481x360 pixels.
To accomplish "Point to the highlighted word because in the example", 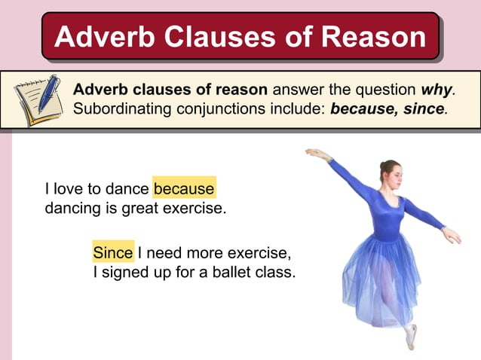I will (x=184, y=188).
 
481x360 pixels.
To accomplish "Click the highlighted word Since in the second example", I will (x=113, y=252).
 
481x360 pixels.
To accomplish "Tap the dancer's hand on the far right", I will (x=452, y=236).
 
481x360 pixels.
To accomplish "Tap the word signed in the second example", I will (x=124, y=271).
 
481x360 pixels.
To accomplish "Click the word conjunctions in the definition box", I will (x=269, y=108).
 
